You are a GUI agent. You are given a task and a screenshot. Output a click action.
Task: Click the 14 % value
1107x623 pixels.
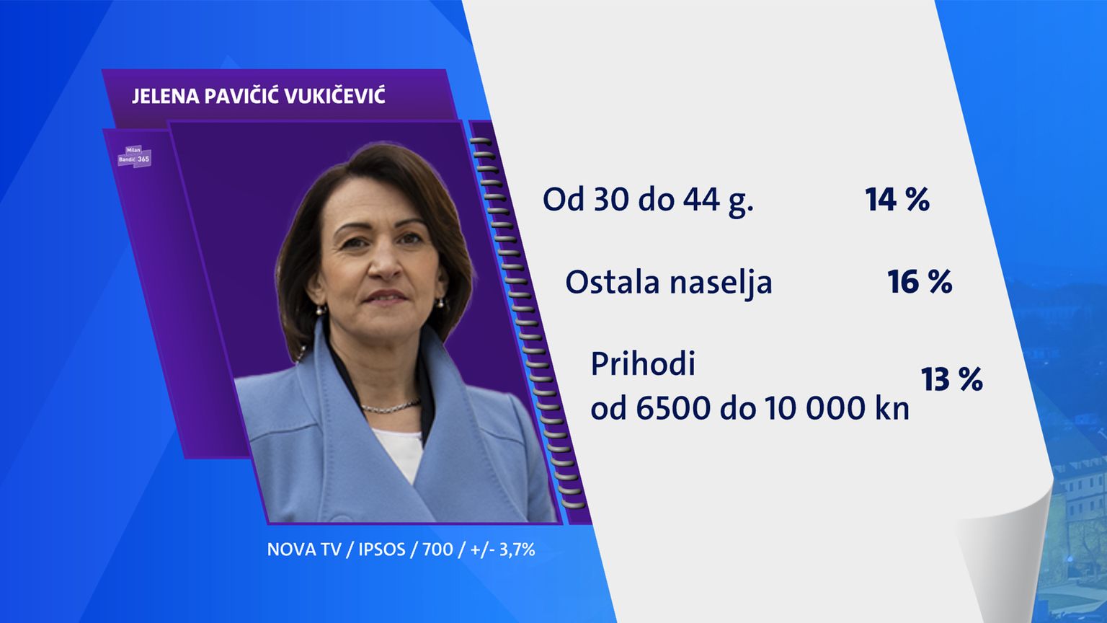coord(897,200)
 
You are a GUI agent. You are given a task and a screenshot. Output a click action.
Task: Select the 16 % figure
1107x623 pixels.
coord(920,282)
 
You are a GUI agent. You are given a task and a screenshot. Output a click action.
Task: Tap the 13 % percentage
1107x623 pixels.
coord(952,380)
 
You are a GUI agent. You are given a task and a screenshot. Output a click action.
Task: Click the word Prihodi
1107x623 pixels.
coord(643,363)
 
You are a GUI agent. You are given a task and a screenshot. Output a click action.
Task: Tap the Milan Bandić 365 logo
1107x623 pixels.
coord(135,156)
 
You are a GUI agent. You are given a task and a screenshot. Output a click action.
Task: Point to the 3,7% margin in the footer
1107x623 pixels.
coord(517,550)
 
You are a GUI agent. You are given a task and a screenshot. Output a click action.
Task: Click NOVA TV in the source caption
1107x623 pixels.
coord(304,549)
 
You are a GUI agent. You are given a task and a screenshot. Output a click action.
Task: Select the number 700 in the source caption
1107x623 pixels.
coord(437,549)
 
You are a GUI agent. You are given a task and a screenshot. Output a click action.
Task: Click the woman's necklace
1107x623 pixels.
coord(391,407)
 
